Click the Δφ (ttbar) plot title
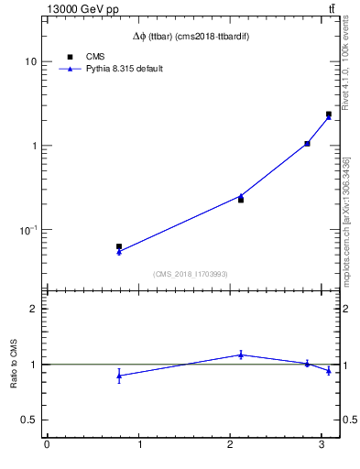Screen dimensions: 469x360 191,37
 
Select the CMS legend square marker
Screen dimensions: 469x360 69,57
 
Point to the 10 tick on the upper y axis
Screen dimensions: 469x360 30,61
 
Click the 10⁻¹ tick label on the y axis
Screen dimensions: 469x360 27,230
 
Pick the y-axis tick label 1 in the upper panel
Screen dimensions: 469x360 33,146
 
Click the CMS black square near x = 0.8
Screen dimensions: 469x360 119,246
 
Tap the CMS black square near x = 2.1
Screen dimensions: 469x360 241,200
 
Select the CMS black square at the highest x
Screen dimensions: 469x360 328,115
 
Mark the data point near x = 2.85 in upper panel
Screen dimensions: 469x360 307,144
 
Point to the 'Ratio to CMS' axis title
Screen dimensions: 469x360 15,364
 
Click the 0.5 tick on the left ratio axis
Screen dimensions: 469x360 27,420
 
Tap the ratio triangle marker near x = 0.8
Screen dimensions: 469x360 119,376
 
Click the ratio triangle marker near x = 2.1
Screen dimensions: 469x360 241,354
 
